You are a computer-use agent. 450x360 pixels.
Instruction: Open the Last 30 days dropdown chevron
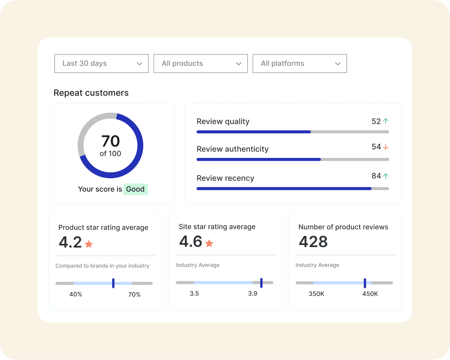(139, 64)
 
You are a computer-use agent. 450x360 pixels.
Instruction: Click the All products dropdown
(200, 64)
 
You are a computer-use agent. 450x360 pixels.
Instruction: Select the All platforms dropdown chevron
(338, 64)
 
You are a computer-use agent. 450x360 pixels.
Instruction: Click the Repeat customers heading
(91, 93)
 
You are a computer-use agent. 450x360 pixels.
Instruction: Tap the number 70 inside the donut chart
(110, 141)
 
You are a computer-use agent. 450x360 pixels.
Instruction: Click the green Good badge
(135, 189)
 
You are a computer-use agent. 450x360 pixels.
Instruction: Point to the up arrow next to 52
(386, 121)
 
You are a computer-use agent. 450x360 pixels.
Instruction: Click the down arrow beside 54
(386, 147)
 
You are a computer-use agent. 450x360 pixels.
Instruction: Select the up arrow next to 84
(386, 176)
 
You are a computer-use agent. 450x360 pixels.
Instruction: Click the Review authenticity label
(232, 149)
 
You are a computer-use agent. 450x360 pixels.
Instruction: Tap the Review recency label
(225, 178)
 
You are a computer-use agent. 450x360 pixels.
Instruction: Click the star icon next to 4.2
(89, 244)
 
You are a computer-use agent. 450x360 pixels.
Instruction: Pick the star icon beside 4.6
(209, 243)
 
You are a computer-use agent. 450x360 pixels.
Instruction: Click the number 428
(313, 242)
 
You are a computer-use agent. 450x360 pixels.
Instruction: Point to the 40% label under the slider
(76, 294)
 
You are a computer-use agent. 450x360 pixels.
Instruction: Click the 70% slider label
(134, 295)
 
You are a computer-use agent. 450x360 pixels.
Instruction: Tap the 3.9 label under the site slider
(252, 294)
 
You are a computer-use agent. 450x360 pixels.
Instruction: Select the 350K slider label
(316, 294)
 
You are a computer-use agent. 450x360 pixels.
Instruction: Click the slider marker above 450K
(365, 283)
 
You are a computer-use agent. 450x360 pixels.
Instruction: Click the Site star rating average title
(217, 227)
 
